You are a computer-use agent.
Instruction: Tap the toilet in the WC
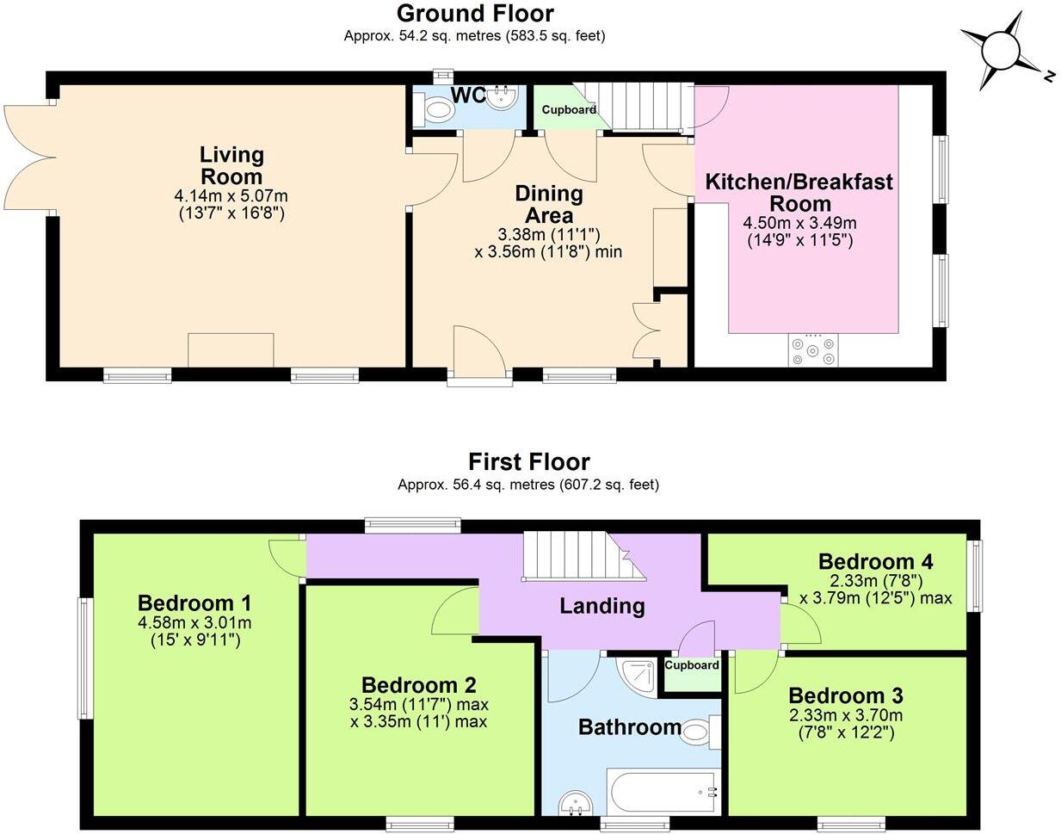[436, 109]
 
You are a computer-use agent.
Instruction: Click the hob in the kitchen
[812, 350]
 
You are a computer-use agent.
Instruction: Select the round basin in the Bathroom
[575, 803]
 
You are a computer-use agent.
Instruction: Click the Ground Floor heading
[475, 14]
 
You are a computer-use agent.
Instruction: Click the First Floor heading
[528, 462]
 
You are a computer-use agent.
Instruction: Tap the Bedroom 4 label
[875, 562]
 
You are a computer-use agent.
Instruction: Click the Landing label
[601, 606]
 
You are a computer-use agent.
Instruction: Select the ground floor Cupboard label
[569, 110]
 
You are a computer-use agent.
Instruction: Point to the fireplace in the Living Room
[231, 349]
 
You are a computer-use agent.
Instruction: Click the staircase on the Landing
[575, 557]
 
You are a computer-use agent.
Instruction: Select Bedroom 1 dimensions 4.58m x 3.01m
[194, 623]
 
